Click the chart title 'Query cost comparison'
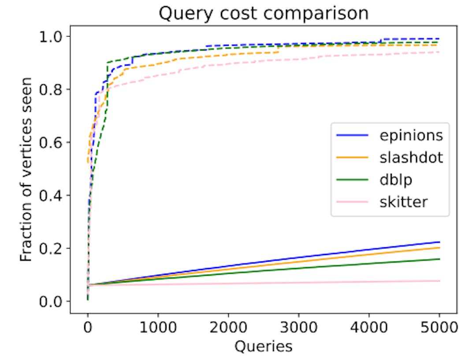(263, 13)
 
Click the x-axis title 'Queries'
(263, 346)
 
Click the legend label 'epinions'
(411, 135)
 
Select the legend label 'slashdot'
(411, 157)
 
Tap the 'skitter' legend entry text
(404, 202)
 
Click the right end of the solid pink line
(439, 281)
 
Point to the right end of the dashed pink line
(439, 52)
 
